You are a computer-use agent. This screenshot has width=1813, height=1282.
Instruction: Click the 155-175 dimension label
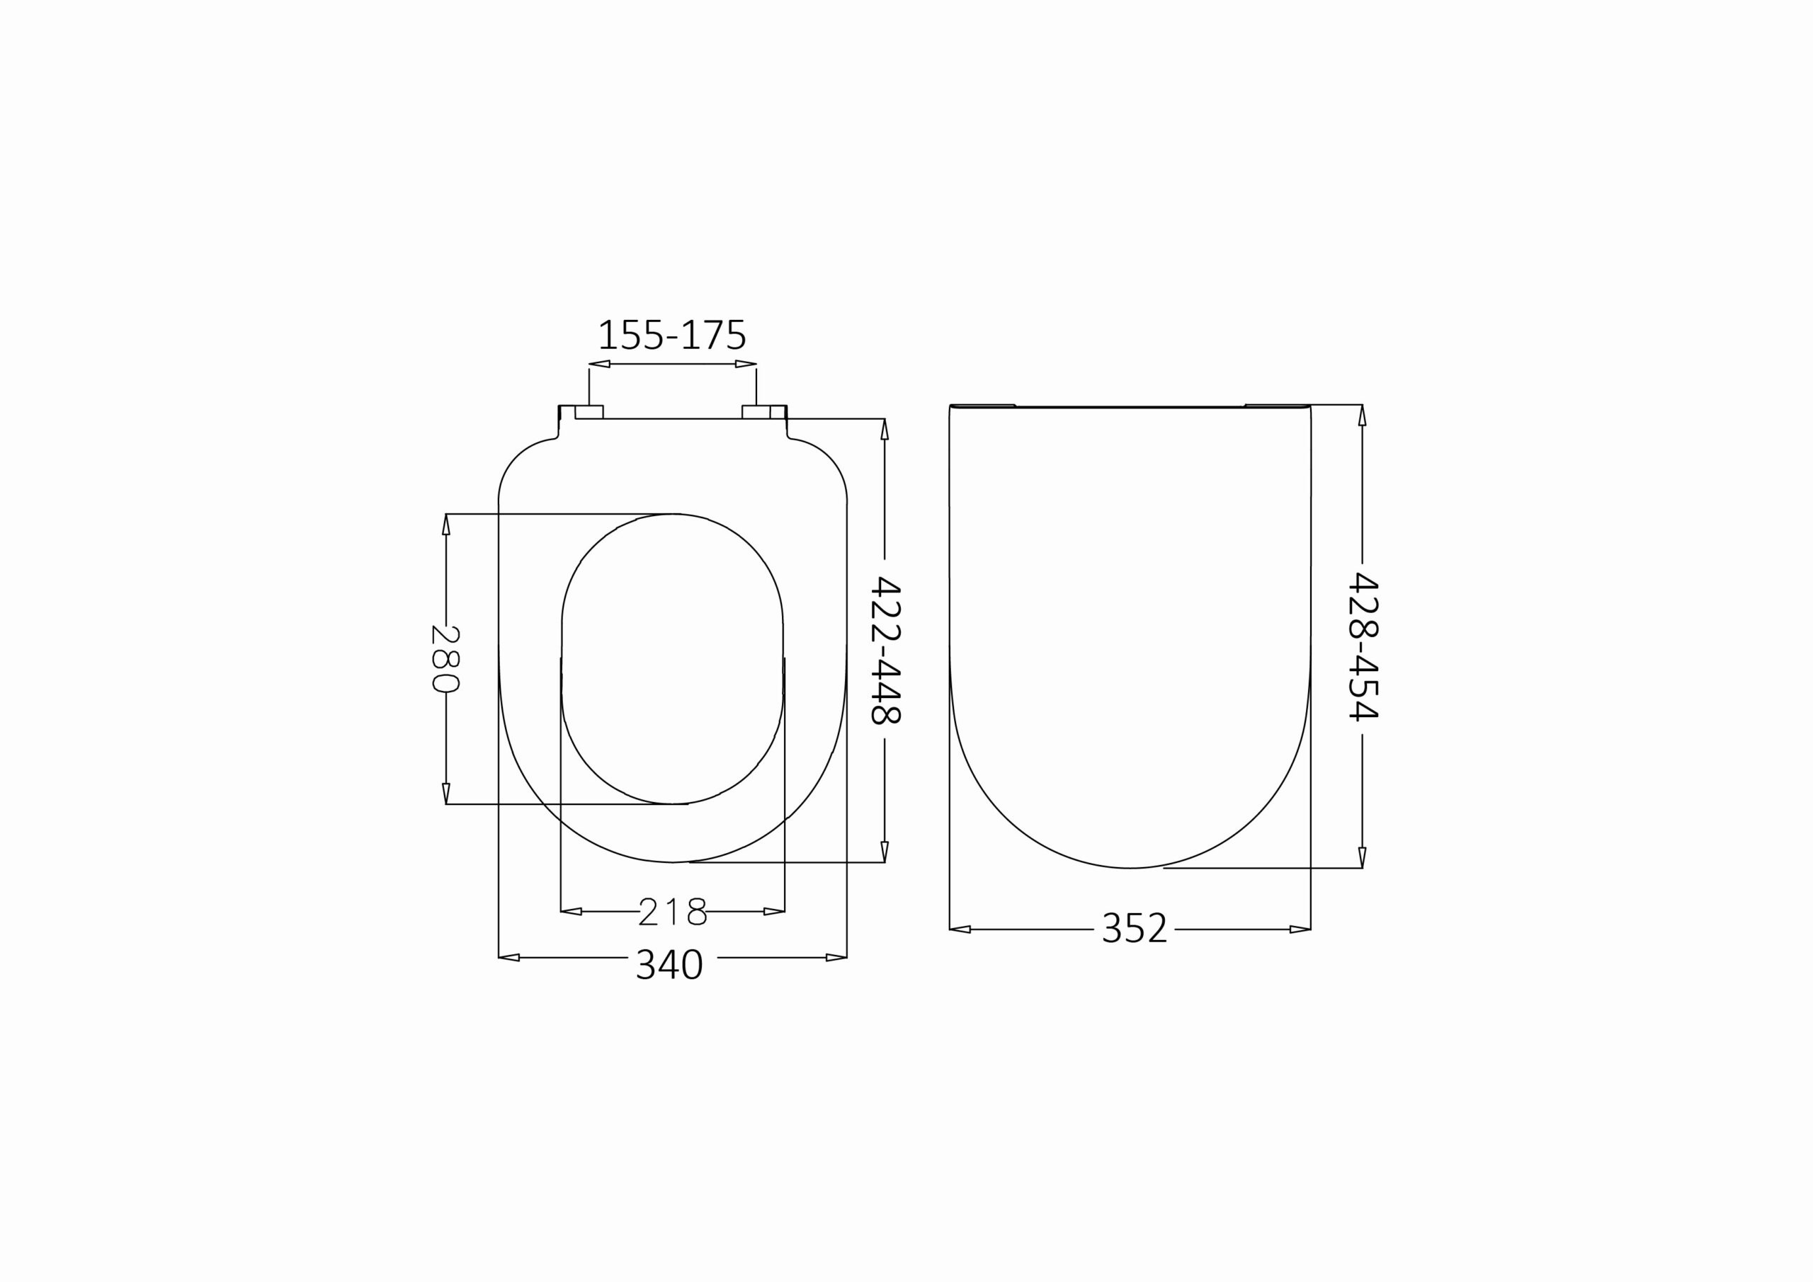(x=672, y=336)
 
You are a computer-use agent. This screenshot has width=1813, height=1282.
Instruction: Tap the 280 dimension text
(x=445, y=658)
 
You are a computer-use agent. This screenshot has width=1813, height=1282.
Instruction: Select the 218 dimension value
(x=672, y=912)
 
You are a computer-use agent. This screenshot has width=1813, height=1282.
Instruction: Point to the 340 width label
(x=670, y=965)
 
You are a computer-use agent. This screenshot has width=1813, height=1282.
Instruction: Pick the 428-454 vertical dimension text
(x=1363, y=646)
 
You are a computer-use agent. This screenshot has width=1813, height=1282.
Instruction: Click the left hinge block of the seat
(x=589, y=411)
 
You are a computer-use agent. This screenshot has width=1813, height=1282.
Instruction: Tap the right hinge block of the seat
(x=756, y=411)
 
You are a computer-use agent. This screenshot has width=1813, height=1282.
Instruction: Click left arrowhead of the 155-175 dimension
(x=599, y=364)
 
